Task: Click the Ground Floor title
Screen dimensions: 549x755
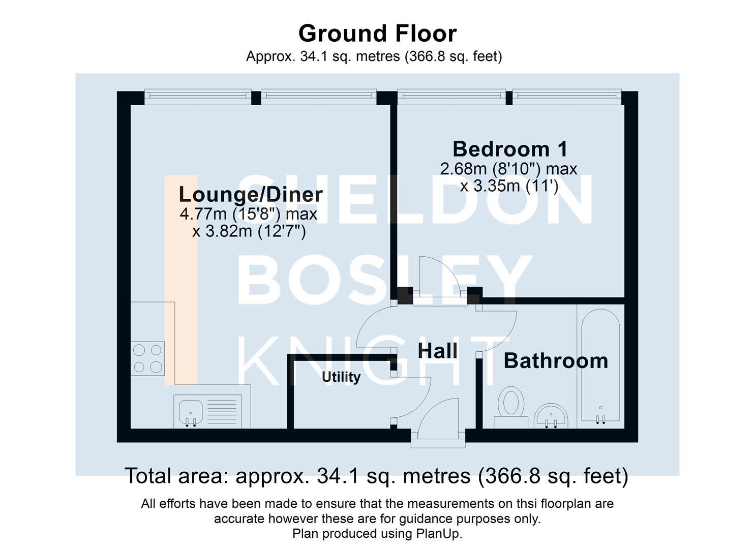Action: click(x=377, y=34)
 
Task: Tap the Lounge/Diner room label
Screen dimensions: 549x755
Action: click(x=251, y=194)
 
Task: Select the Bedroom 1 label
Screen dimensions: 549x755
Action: click(x=510, y=149)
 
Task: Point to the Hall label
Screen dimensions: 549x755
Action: click(x=437, y=351)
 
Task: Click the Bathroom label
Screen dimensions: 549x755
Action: click(x=556, y=361)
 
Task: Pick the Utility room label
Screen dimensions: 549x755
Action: click(x=341, y=377)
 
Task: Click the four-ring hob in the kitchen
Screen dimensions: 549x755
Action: click(x=147, y=358)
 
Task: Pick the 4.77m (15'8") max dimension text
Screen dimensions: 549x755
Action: click(x=249, y=214)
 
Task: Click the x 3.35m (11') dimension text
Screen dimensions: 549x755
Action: click(x=509, y=186)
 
